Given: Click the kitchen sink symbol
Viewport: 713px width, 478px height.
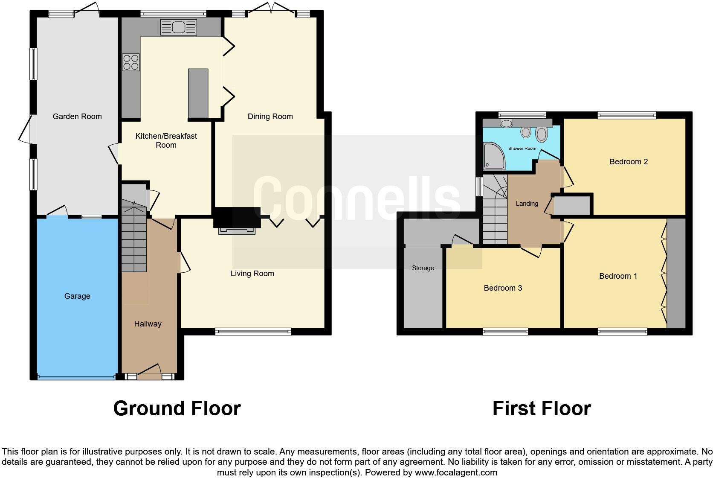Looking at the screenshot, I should click(178, 28).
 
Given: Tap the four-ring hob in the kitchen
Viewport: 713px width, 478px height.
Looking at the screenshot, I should click(130, 63).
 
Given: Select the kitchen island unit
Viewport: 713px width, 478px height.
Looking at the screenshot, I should click(198, 93).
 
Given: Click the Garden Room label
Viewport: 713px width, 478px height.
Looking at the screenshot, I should click(77, 116).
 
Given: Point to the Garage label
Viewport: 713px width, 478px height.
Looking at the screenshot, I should click(77, 296).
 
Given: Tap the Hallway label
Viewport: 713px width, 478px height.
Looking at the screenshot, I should click(148, 324).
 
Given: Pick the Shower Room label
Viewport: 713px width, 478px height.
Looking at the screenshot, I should click(522, 149).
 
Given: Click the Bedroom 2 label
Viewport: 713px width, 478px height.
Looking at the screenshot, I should click(629, 162).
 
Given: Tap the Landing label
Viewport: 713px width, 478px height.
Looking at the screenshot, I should click(527, 204).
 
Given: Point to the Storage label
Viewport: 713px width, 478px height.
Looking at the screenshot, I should click(423, 268).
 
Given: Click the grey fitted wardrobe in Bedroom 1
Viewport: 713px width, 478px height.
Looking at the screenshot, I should click(676, 273).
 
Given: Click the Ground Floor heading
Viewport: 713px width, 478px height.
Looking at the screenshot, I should click(177, 408).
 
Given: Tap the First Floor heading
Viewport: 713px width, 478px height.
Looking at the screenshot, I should click(541, 408).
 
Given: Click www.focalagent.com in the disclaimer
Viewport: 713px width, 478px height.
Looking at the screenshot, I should click(456, 472).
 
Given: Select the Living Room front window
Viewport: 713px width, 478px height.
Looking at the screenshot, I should click(253, 331).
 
